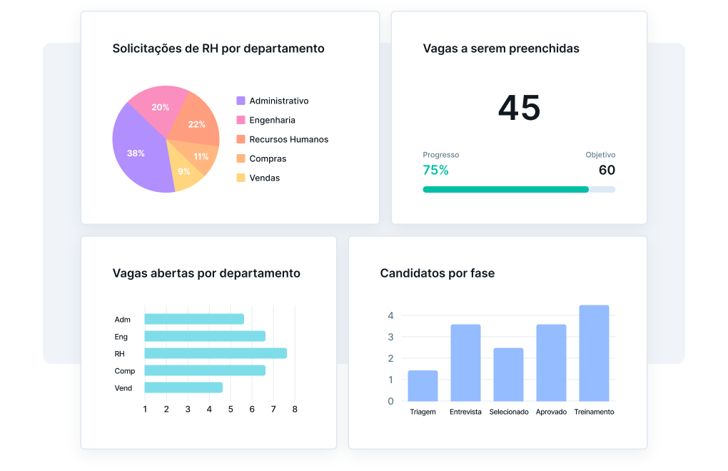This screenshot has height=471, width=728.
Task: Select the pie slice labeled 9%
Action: tap(186, 173)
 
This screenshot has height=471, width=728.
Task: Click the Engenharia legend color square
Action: tap(241, 120)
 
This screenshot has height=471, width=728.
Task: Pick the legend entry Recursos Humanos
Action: tap(288, 139)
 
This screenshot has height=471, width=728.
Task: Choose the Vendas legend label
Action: tap(264, 178)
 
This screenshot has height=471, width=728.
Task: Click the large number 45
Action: tap(519, 108)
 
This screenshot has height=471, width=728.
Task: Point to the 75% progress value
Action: tap(435, 170)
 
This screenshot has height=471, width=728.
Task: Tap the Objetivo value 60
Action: tap(607, 170)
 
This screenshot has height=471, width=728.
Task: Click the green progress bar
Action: tap(505, 189)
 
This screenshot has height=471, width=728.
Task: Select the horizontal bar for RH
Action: tap(215, 353)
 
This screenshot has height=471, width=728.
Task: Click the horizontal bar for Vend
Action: tap(183, 388)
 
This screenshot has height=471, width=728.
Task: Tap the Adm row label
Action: tap(122, 320)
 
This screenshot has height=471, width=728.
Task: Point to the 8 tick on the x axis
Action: tap(295, 409)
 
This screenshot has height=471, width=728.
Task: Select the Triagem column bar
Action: tap(423, 385)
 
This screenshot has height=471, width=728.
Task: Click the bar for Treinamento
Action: tap(594, 353)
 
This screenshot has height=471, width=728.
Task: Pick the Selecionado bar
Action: tap(508, 375)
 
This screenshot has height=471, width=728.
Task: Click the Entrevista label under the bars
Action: tap(465, 412)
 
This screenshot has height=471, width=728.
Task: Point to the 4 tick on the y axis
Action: tap(390, 315)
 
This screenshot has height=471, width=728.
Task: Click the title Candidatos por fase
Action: tap(437, 273)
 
